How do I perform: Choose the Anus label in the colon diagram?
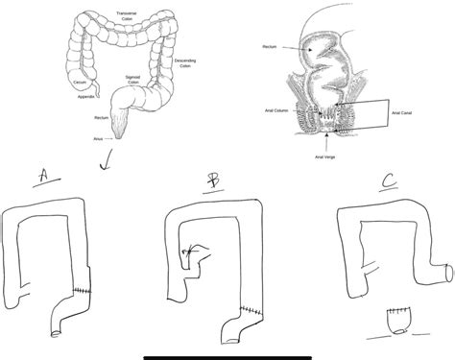pyautogui.click(x=98, y=139)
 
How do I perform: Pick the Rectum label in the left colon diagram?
pyautogui.click(x=101, y=118)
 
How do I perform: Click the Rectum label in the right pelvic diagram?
pyautogui.click(x=270, y=45)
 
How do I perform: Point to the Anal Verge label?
pyautogui.click(x=327, y=154)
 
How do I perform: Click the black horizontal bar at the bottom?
pyautogui.click(x=227, y=357)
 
